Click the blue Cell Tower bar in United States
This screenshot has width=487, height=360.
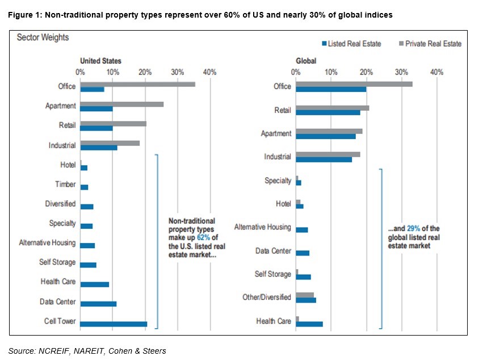point(114,324)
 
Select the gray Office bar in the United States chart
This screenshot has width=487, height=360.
point(137,84)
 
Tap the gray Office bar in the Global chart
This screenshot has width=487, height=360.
point(354,84)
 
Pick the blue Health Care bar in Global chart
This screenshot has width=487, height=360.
point(309,324)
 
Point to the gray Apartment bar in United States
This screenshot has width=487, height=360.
point(121,104)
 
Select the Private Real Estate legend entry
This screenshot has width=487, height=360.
point(430,44)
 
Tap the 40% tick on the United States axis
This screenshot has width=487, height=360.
point(209,72)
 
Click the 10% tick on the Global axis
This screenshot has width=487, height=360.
point(330,72)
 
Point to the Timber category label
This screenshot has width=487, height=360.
point(65,185)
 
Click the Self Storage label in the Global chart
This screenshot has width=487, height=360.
point(272,275)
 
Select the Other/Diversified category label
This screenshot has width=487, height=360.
point(266,297)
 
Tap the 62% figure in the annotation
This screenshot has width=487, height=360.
point(203,237)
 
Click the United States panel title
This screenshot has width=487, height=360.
point(100,61)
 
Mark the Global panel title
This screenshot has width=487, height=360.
point(306,61)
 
